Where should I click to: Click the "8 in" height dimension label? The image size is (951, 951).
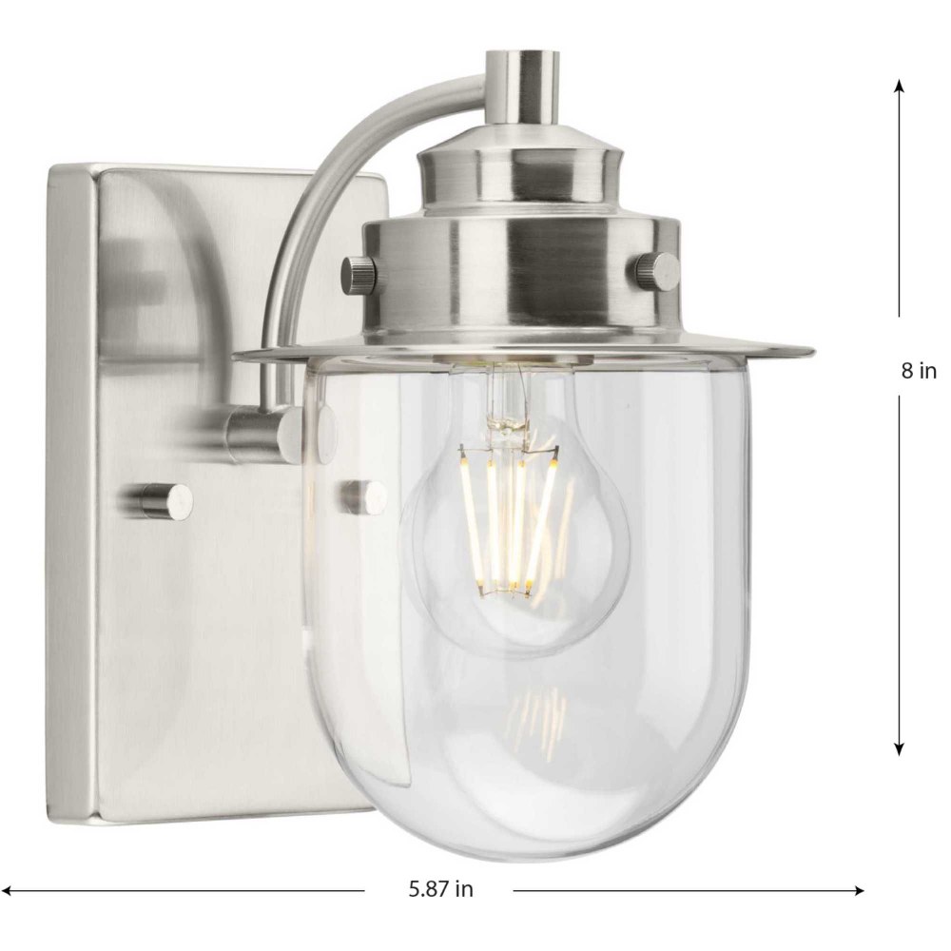(x=919, y=370)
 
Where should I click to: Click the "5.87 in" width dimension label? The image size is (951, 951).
(x=440, y=889)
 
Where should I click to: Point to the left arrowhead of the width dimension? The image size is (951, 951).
(x=9, y=891)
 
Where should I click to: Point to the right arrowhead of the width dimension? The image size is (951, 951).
(x=857, y=891)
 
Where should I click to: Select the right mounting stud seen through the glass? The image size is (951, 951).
(x=363, y=495)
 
